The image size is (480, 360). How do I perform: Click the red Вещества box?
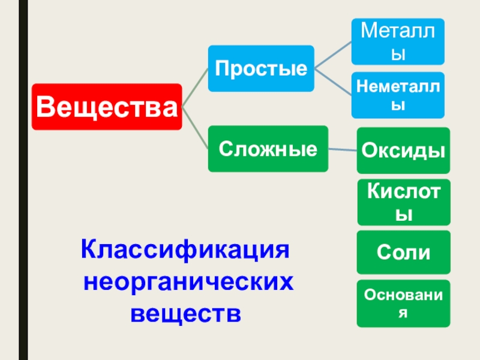point(107,107)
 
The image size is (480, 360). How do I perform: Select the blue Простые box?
point(261,68)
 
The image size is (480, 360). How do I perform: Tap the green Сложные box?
point(268,148)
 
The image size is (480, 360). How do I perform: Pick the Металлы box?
point(398,41)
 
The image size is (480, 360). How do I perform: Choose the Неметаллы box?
point(398,95)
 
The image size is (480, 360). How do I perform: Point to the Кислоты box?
point(403,201)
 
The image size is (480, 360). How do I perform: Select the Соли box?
point(403,252)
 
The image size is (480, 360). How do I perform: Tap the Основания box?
point(403,303)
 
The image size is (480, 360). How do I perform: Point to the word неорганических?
point(188,280)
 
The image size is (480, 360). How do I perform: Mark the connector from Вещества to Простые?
point(195,87)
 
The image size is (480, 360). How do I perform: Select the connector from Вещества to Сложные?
point(195,127)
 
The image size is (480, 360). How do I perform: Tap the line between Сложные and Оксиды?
point(343,149)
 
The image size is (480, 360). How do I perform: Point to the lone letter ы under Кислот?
point(403,214)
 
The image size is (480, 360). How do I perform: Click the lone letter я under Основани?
point(403,313)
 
